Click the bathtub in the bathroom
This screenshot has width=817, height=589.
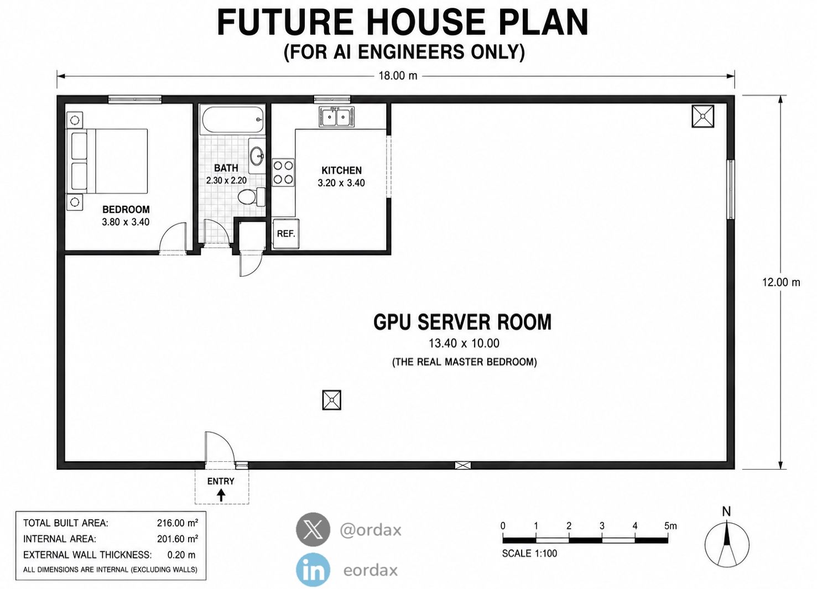pos(233,119)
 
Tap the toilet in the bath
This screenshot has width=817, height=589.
pos(251,197)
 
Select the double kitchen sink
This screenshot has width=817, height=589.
pos(336,116)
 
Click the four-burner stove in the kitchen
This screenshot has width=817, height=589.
pos(283,173)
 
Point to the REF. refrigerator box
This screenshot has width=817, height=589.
pos(286,234)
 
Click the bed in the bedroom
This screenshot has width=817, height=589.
pos(107,160)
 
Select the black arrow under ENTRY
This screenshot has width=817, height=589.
pos(221,496)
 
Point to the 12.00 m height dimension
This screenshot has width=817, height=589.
pos(780,282)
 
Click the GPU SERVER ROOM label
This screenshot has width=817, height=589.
pos(462,322)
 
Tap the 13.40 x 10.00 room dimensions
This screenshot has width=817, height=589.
pos(464,343)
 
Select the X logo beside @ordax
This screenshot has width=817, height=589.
pos(313,530)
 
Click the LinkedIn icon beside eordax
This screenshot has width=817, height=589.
pos(313,570)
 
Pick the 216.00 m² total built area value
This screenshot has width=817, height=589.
pos(178,523)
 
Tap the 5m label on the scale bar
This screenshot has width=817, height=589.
pos(670,526)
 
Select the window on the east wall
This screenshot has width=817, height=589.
pos(731,189)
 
